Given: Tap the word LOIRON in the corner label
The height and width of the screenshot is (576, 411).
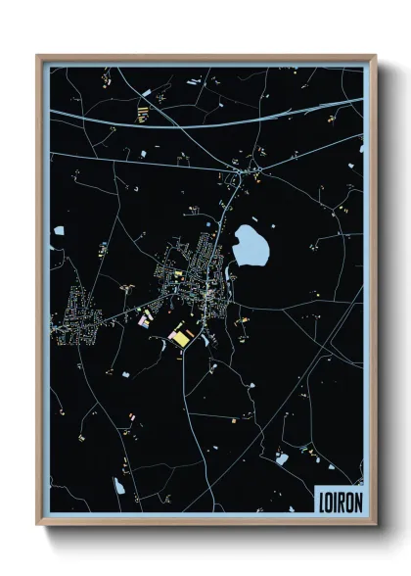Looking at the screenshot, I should pos(340,501).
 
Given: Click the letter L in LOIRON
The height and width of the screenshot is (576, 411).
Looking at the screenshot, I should pos(322,501).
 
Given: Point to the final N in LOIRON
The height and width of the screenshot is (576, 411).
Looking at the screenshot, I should pos(357,501).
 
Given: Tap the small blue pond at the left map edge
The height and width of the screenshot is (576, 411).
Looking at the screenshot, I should pos(59,232).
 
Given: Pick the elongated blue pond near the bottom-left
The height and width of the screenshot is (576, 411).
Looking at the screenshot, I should pos(119,486).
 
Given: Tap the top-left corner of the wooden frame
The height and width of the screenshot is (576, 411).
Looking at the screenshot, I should pos(38,56).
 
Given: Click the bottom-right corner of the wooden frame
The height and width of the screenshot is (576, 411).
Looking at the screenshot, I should pos(375,524).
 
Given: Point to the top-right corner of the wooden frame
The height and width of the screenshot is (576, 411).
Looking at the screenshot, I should pos(375,56).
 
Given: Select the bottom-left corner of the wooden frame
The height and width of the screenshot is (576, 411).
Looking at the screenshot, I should pos(38,524).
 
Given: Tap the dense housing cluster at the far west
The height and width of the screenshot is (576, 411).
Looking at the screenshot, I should pos(73,318).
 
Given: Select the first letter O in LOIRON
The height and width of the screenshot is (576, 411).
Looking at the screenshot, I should pos(330,501).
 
